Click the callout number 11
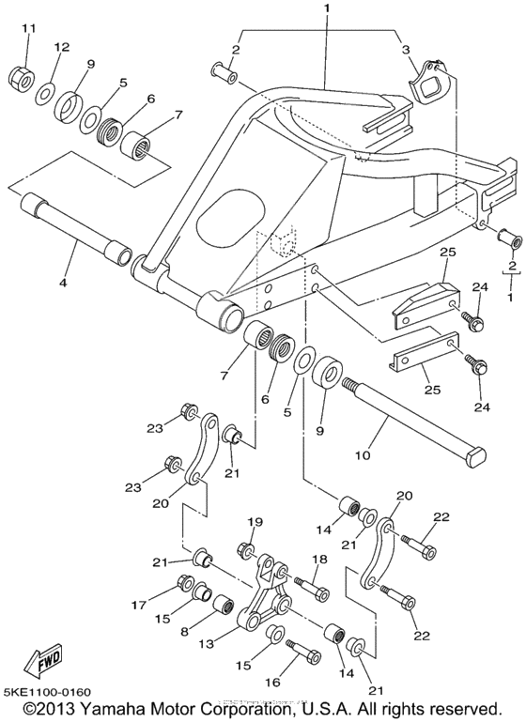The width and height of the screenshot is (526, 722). [27, 28]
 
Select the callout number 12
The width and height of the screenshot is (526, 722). [62, 47]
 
